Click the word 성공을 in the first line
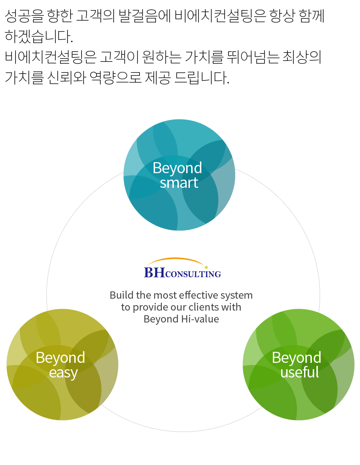24,16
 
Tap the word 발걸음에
144,16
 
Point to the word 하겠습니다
39,36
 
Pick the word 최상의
302,57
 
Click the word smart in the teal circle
179,183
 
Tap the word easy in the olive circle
63,373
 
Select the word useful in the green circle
299,372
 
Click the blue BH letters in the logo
155,272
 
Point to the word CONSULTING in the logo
193,274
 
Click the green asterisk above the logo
206,267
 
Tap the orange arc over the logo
175,258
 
